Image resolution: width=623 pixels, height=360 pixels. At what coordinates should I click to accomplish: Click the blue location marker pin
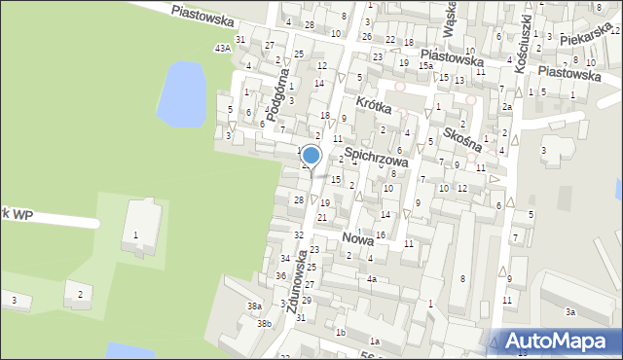tap(311, 156)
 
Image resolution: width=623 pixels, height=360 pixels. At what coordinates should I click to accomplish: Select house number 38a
tap(254, 306)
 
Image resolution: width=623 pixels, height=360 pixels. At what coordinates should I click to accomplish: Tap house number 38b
tap(263, 323)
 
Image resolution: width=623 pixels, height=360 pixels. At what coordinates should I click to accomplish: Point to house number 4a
tap(371, 279)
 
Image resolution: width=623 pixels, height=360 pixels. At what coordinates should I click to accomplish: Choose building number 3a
tap(570, 312)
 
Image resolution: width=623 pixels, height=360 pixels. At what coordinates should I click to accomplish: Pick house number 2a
tap(506, 107)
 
